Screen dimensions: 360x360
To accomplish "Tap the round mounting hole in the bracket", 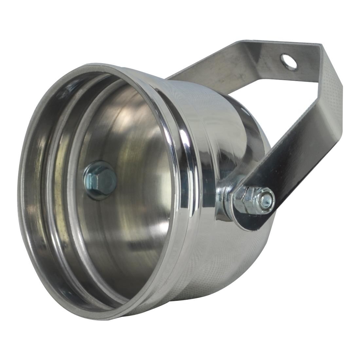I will click(x=289, y=61).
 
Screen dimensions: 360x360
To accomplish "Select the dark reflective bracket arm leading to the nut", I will click(x=288, y=164).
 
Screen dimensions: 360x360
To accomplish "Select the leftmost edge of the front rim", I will click(x=20, y=196).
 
